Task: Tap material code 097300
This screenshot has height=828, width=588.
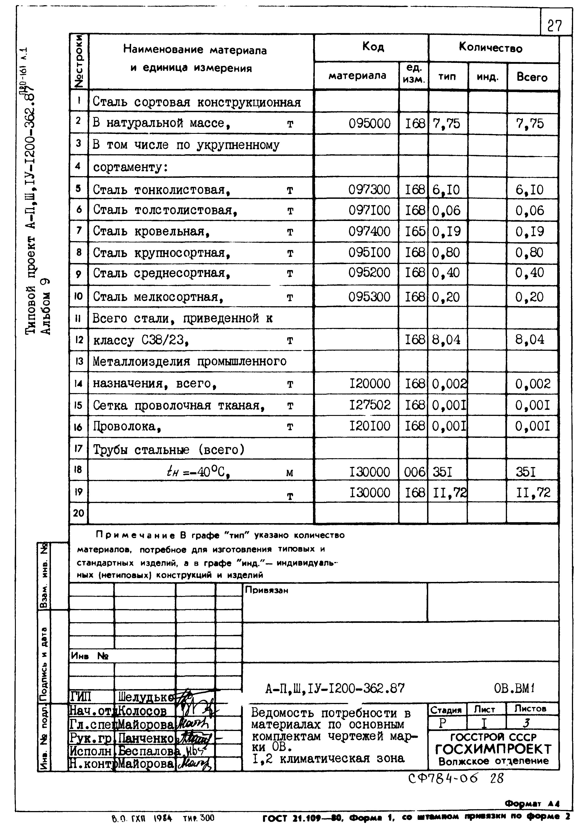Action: (369, 190)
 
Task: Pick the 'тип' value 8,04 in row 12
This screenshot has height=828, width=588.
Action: (446, 340)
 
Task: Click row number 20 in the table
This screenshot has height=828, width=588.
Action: (79, 513)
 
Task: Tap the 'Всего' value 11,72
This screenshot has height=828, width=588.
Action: (533, 493)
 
